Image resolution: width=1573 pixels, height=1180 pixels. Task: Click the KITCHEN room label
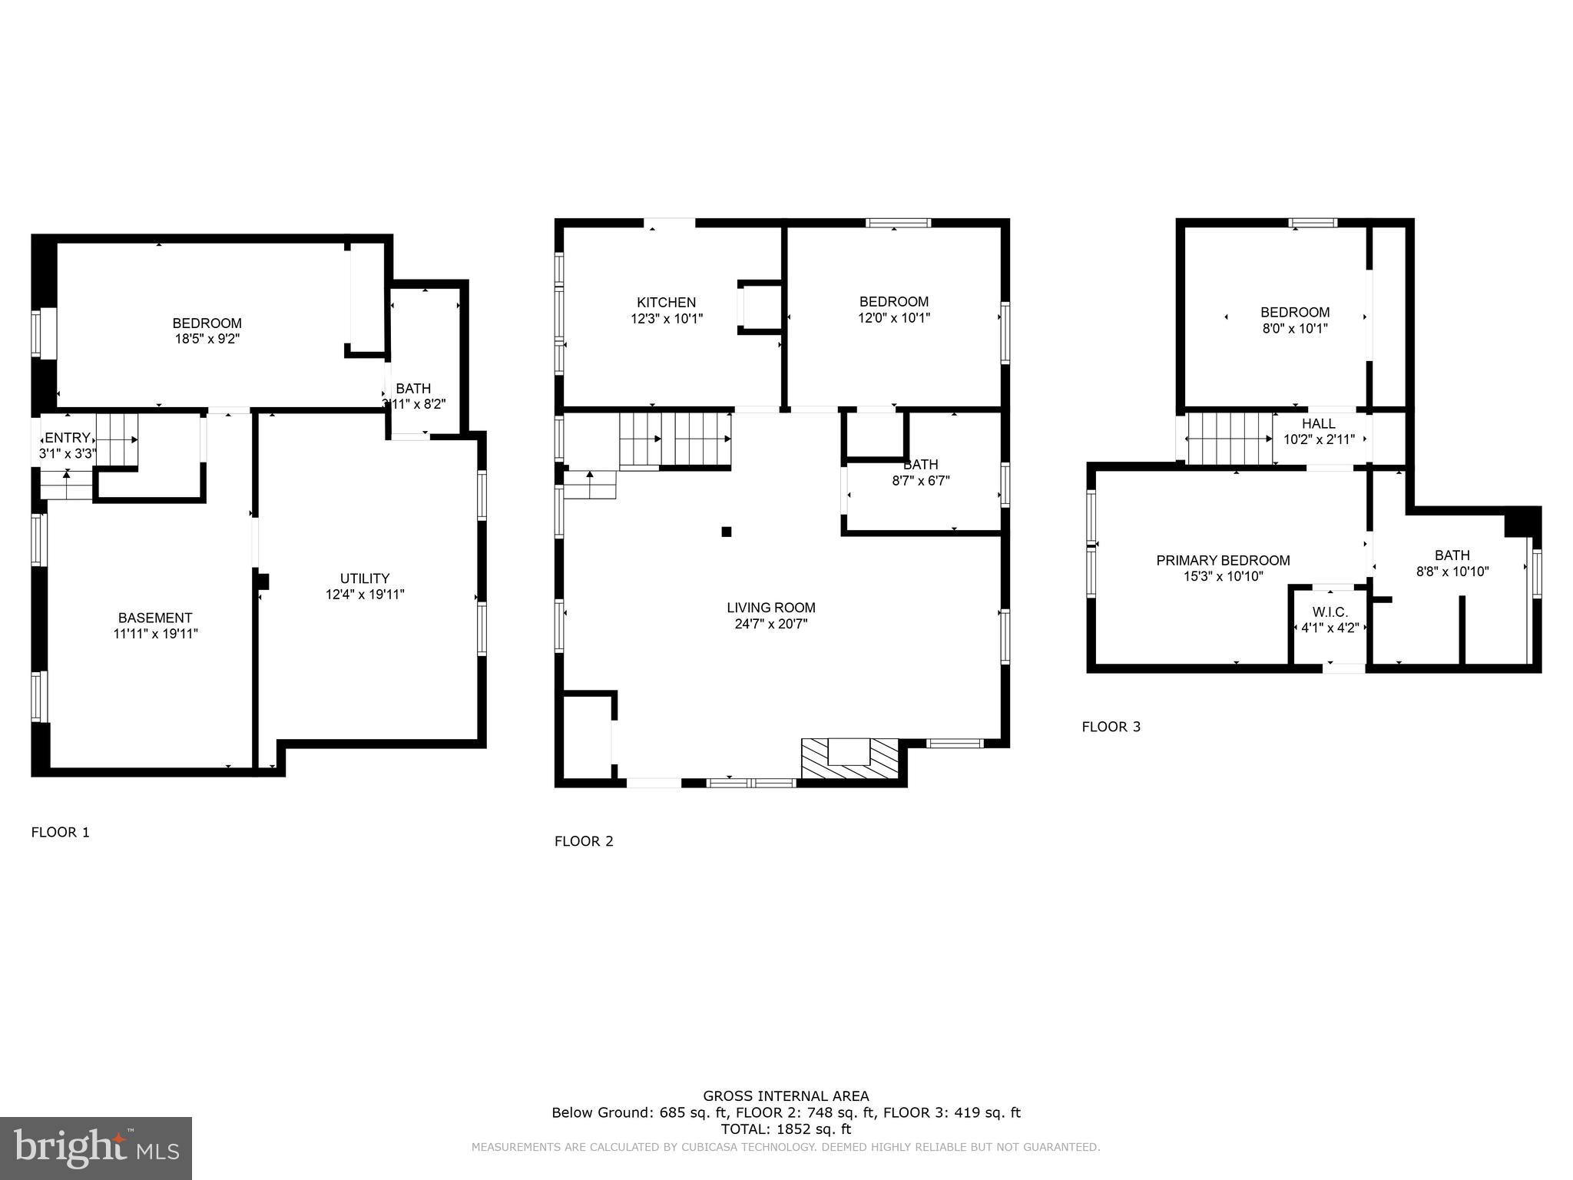[666, 303]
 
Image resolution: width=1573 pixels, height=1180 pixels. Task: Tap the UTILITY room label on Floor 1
[365, 578]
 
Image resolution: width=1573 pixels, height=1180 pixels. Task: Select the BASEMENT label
[155, 618]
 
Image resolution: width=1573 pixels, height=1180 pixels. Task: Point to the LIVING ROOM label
[771, 608]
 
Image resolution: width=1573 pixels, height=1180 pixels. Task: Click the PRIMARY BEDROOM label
[1223, 561]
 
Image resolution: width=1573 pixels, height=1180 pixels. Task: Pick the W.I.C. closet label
[1330, 612]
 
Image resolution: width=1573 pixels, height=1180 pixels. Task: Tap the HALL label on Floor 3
[1318, 424]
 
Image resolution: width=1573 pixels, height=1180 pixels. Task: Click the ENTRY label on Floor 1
[68, 438]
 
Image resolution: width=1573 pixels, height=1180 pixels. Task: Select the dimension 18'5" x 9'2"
[207, 339]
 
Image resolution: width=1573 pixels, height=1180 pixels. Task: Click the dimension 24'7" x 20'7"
[771, 624]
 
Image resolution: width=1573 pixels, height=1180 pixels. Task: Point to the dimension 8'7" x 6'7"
[920, 481]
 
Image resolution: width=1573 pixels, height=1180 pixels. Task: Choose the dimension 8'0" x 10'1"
[1295, 328]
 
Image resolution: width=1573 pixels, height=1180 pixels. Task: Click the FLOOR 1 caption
[60, 832]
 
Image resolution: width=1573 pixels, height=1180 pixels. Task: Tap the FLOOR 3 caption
[1111, 727]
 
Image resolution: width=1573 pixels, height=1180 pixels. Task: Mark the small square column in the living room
[727, 531]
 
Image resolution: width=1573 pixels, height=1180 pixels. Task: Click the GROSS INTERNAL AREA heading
[786, 1096]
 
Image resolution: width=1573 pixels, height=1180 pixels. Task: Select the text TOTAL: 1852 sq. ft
[786, 1129]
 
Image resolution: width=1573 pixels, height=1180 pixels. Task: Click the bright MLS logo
[96, 1149]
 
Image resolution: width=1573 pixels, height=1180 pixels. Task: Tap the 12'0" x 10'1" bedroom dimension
[894, 318]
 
